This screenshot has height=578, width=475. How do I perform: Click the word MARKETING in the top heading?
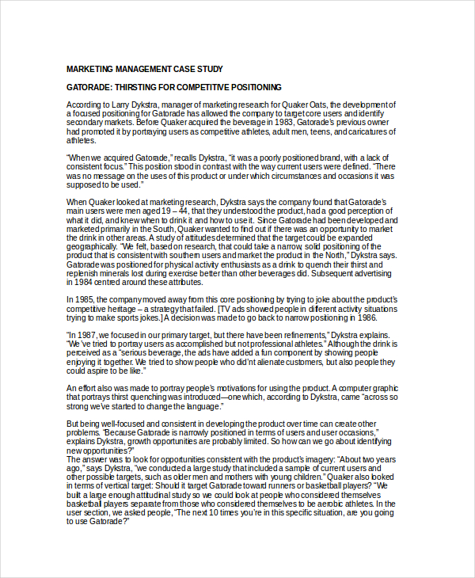point(89,69)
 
